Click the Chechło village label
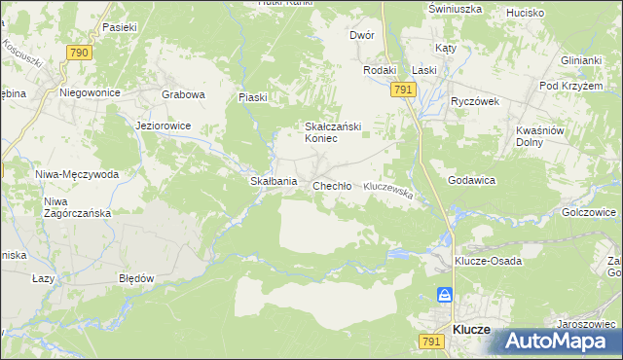tap(332, 186)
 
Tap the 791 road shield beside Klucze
tap(433, 341)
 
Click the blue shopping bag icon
tap(444, 295)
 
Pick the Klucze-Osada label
tap(488, 262)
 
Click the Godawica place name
tap(472, 181)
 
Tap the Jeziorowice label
tap(164, 126)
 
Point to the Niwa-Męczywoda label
tap(77, 175)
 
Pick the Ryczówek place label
tap(475, 100)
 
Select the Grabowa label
tap(183, 95)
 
